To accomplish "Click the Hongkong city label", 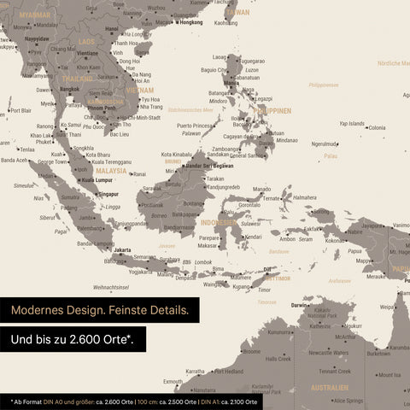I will pos(189,22).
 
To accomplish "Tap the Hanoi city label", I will pos(112,28).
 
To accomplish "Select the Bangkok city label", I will pos(70,89).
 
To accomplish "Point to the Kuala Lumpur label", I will pos(98,180).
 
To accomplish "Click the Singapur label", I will pos(108,194).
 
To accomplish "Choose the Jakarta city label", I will pos(123,250).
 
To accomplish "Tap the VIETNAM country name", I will pos(139,89).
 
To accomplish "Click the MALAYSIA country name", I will pos(111,171).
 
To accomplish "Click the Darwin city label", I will pos(299,305).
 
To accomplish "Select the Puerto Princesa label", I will pos(195,126).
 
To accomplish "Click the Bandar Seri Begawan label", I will pos(210,165).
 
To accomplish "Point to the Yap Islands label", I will pos(351,123).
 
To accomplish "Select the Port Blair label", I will pos(20,110).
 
